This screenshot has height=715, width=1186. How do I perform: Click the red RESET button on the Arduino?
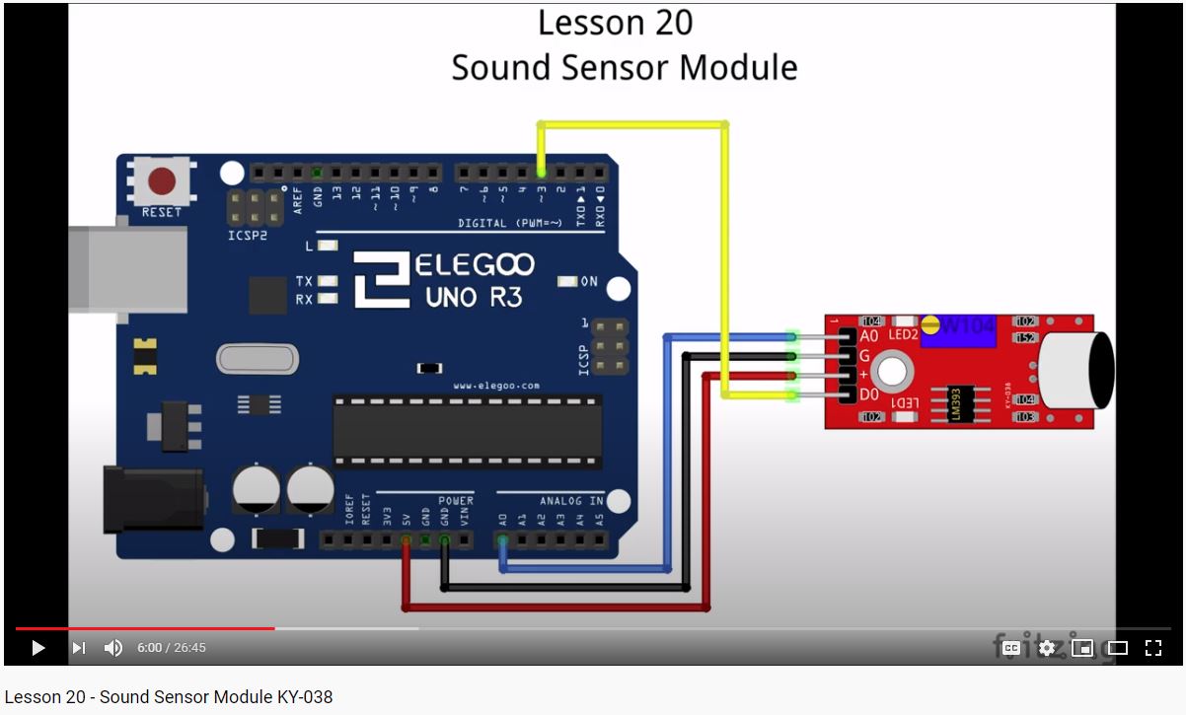161,182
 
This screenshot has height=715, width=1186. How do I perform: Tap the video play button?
38,648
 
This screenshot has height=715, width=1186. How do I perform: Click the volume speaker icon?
113,648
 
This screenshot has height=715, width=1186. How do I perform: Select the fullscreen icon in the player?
1152,648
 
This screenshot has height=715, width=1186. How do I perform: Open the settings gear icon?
1047,648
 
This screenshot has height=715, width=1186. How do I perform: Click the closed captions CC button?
1011,648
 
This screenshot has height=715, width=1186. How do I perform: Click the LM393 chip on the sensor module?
954,402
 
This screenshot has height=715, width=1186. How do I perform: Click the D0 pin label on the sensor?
869,395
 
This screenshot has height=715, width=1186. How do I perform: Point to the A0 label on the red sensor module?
869,335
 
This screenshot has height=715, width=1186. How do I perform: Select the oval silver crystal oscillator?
257,359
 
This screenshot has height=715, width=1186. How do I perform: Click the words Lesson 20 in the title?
615,24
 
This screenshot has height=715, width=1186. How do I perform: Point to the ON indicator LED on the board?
567,281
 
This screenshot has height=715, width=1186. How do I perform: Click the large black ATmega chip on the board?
467,429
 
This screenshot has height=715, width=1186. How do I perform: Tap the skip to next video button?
79,648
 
